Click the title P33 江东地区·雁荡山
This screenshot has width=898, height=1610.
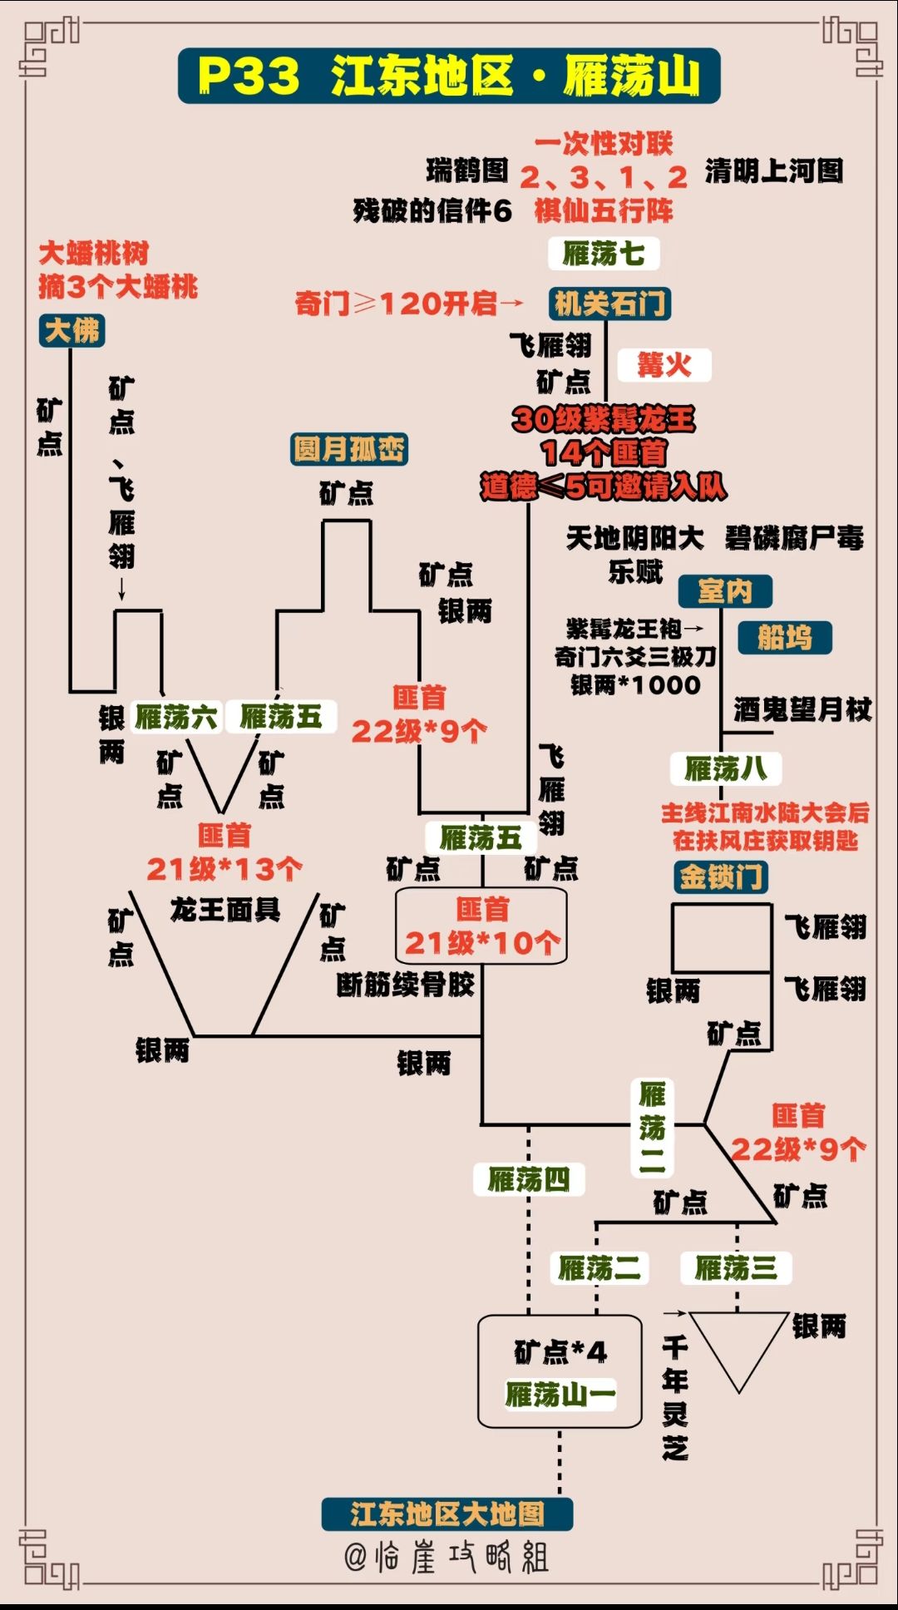pos(449,76)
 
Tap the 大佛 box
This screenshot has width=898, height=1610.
pos(72,331)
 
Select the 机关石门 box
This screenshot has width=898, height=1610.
pos(609,304)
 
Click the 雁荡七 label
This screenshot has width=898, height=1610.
pos(604,254)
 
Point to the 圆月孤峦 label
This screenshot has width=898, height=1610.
pos(349,450)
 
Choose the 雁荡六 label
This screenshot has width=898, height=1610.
pos(176,717)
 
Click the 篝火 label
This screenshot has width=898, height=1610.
pos(664,365)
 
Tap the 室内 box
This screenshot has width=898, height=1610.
pos(725,591)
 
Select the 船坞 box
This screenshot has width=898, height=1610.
pos(784,638)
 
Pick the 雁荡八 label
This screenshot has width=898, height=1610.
pos(726,769)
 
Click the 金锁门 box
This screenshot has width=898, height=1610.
pos(720,877)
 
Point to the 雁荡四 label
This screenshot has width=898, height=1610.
pos(529,1179)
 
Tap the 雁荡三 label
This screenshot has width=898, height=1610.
pos(736,1268)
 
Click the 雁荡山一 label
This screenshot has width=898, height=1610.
pos(560,1395)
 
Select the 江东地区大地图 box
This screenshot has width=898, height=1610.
pos(447,1514)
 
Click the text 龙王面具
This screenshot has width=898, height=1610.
pos(224,910)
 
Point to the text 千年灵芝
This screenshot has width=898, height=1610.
pos(675,1398)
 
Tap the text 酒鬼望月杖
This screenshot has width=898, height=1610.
pos(802,709)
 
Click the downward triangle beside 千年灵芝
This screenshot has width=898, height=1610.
pos(738,1343)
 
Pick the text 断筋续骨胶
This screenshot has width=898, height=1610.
pos(406,985)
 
